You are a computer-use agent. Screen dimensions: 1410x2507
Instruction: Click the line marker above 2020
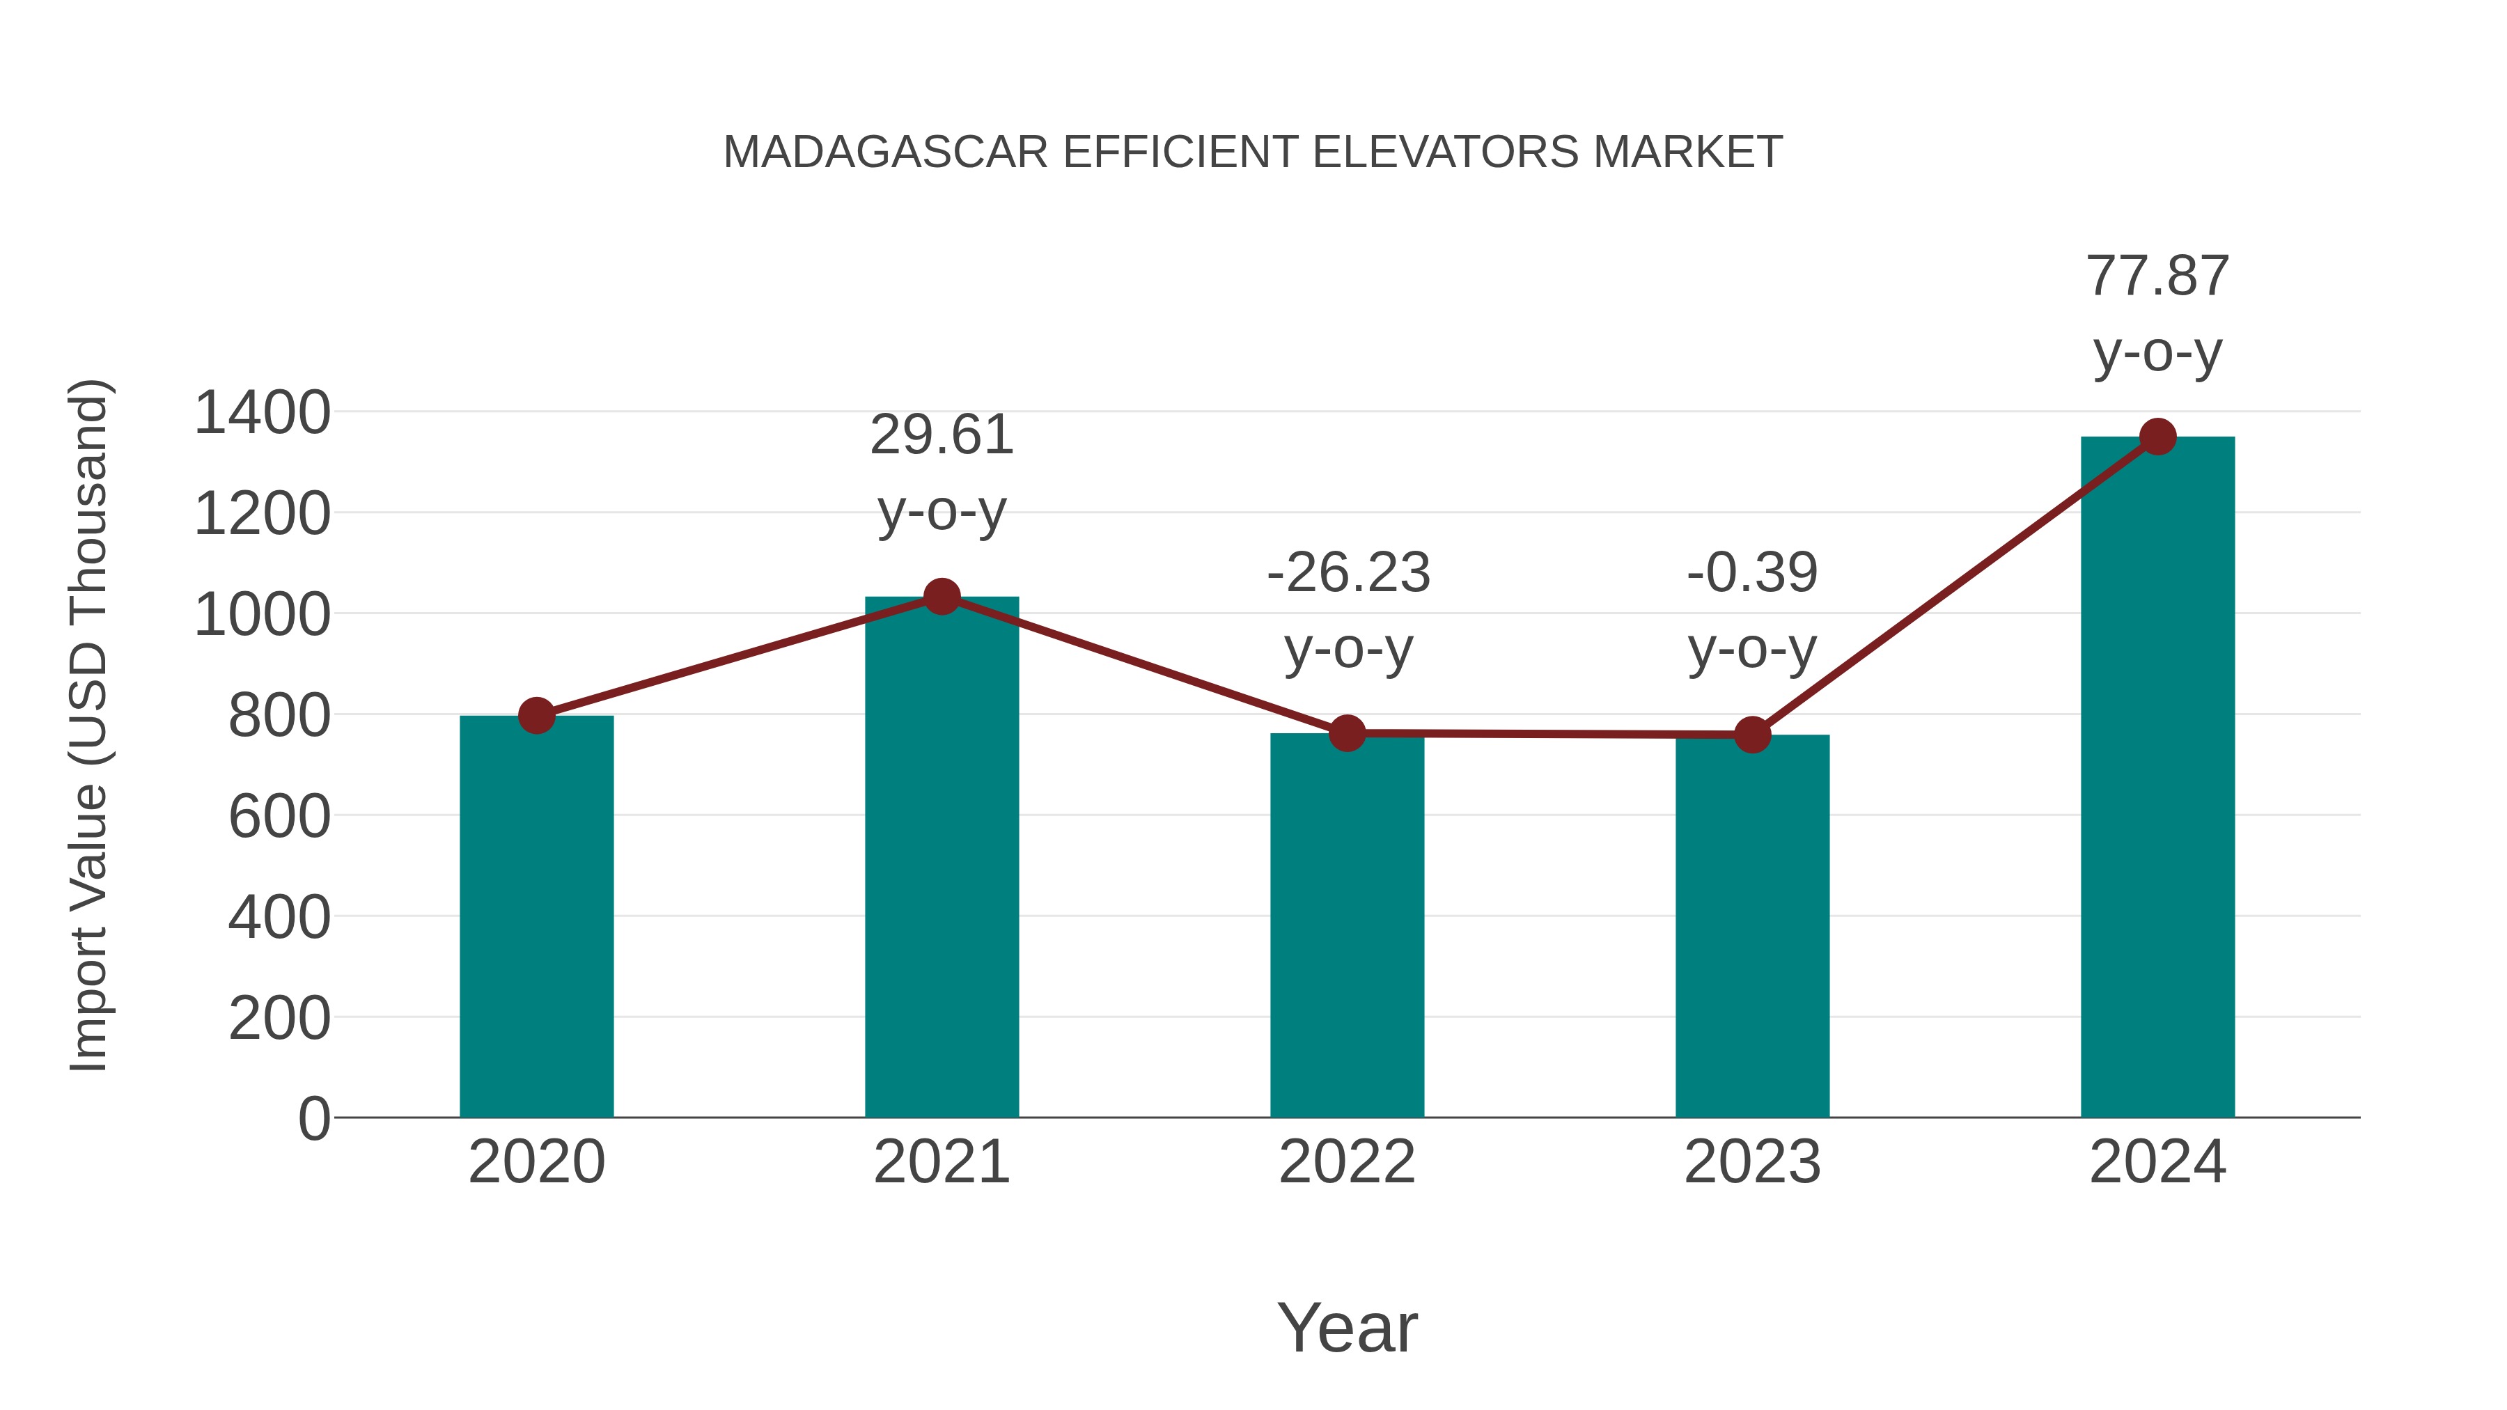point(536,715)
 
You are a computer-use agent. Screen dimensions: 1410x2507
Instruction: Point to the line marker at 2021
point(941,597)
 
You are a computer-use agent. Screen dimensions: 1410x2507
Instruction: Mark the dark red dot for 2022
point(1347,733)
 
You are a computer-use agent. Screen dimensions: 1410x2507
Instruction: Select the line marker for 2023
point(1752,735)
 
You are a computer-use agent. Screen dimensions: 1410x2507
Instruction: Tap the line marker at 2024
point(2157,437)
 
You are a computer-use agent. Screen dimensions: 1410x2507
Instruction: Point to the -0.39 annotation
point(1752,572)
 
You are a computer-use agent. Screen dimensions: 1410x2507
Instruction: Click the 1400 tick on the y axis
point(262,413)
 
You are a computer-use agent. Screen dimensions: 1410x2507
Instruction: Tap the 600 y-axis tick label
point(279,817)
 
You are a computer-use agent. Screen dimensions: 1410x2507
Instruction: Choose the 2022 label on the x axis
point(1347,1162)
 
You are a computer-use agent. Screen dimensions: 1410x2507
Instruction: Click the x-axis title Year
point(1347,1327)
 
